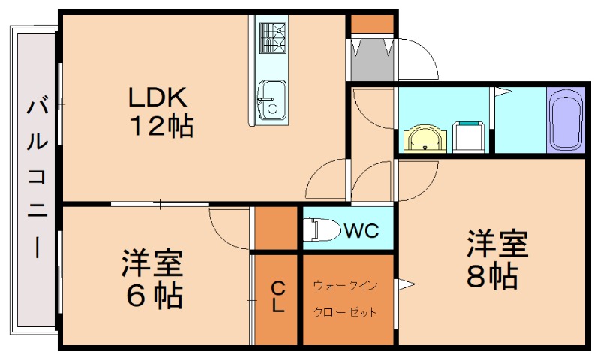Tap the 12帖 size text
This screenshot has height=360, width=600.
point(163,126)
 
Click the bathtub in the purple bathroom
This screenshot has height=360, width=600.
point(566,121)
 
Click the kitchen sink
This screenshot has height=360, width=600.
point(271,98)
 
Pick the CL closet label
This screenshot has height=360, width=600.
point(277,297)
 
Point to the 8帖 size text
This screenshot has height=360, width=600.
point(492,277)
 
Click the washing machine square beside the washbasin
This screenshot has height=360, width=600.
point(470,138)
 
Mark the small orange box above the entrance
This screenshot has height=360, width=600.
point(371,24)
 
